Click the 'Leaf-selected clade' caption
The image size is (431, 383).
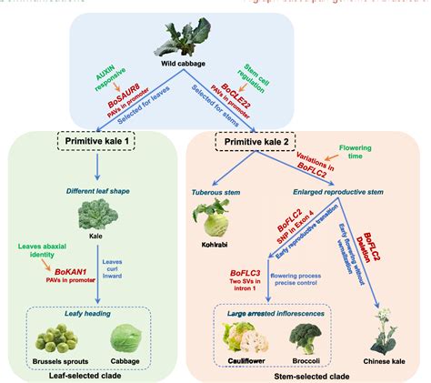click(x=93, y=374)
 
